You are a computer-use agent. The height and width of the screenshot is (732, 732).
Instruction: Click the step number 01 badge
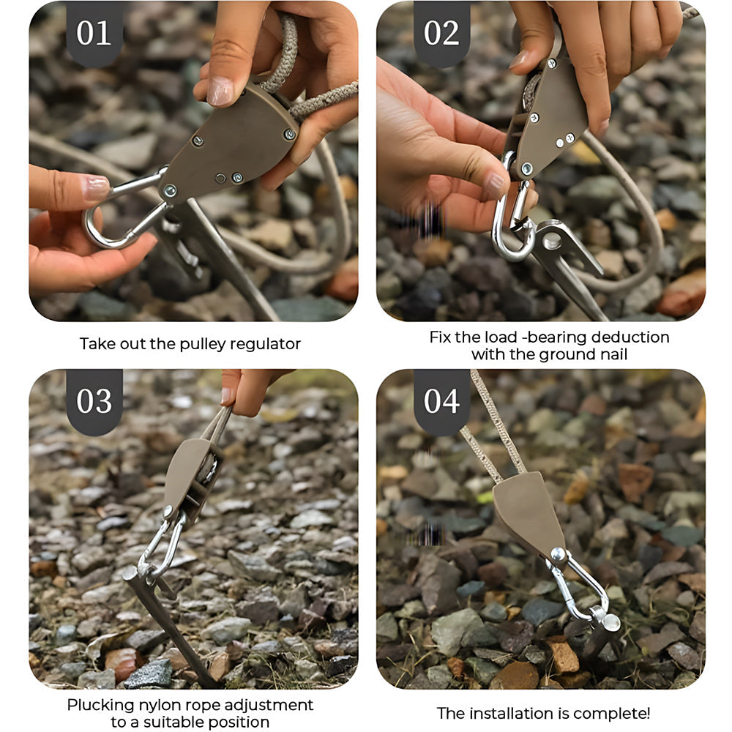(94, 33)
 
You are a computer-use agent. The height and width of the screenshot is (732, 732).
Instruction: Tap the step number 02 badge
(441, 33)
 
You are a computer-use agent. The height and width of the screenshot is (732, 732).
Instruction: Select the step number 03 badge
(94, 401)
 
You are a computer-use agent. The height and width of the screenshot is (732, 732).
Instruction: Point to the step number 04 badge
(441, 401)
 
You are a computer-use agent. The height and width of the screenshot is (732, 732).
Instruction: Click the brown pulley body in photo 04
(528, 514)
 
